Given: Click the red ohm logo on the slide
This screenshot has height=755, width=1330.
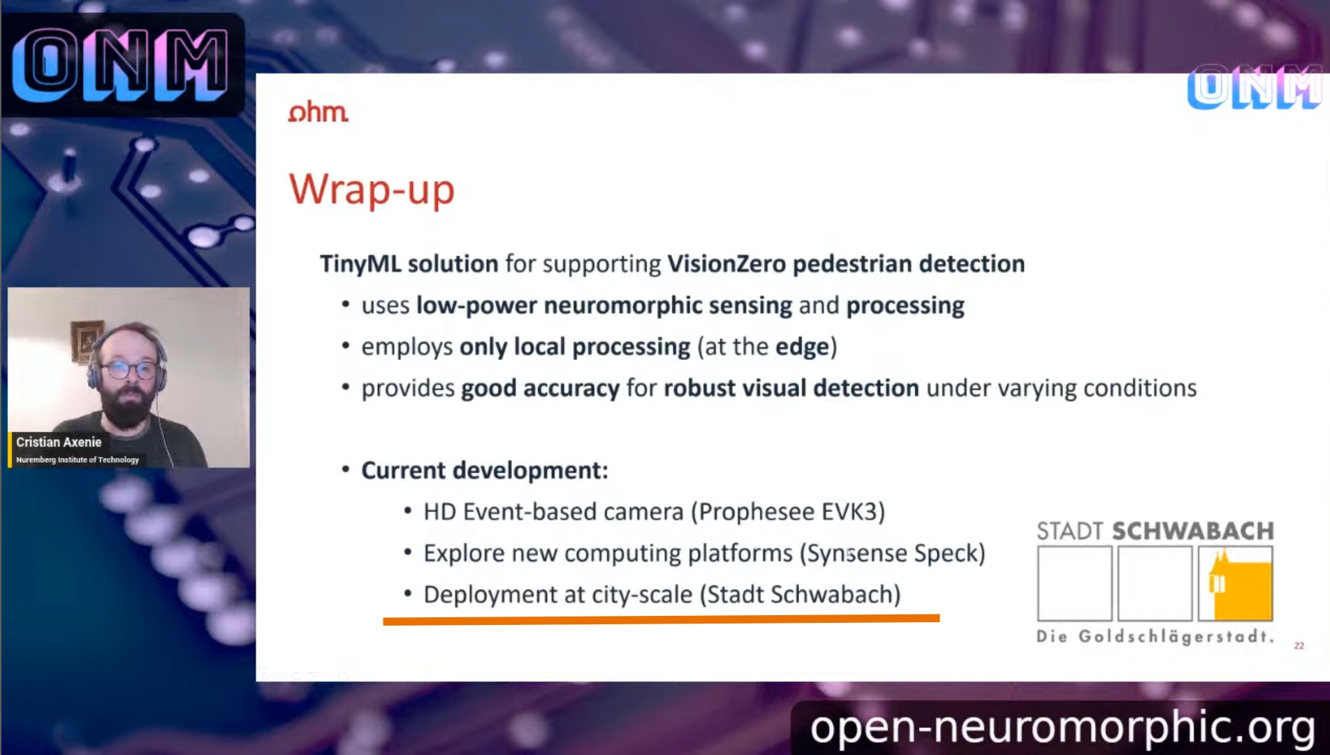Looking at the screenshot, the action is click(x=319, y=112).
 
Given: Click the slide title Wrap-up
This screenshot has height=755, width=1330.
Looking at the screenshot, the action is click(x=372, y=189).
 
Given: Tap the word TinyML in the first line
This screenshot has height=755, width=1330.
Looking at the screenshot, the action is click(x=360, y=264).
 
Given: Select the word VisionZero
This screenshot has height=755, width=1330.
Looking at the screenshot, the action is click(x=726, y=264).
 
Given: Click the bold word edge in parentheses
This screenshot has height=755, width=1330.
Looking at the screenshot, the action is click(x=802, y=347).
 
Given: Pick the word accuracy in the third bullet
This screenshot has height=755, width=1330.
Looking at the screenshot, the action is click(x=571, y=389).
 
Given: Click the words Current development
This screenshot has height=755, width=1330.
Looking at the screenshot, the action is click(x=484, y=470).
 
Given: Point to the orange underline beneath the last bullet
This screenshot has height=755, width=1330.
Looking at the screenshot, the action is click(x=661, y=619).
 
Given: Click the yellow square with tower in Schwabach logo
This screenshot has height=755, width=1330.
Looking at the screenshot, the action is click(x=1235, y=584).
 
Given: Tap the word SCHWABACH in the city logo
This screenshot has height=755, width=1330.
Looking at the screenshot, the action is click(x=1193, y=531).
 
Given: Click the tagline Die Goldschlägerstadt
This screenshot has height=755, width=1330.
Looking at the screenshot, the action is click(x=1155, y=637).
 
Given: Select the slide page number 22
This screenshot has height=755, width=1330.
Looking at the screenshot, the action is click(x=1299, y=646).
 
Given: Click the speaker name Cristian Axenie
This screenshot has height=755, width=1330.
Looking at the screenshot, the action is click(x=59, y=442).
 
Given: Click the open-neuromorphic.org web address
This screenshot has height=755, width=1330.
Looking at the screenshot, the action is click(x=1062, y=728).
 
